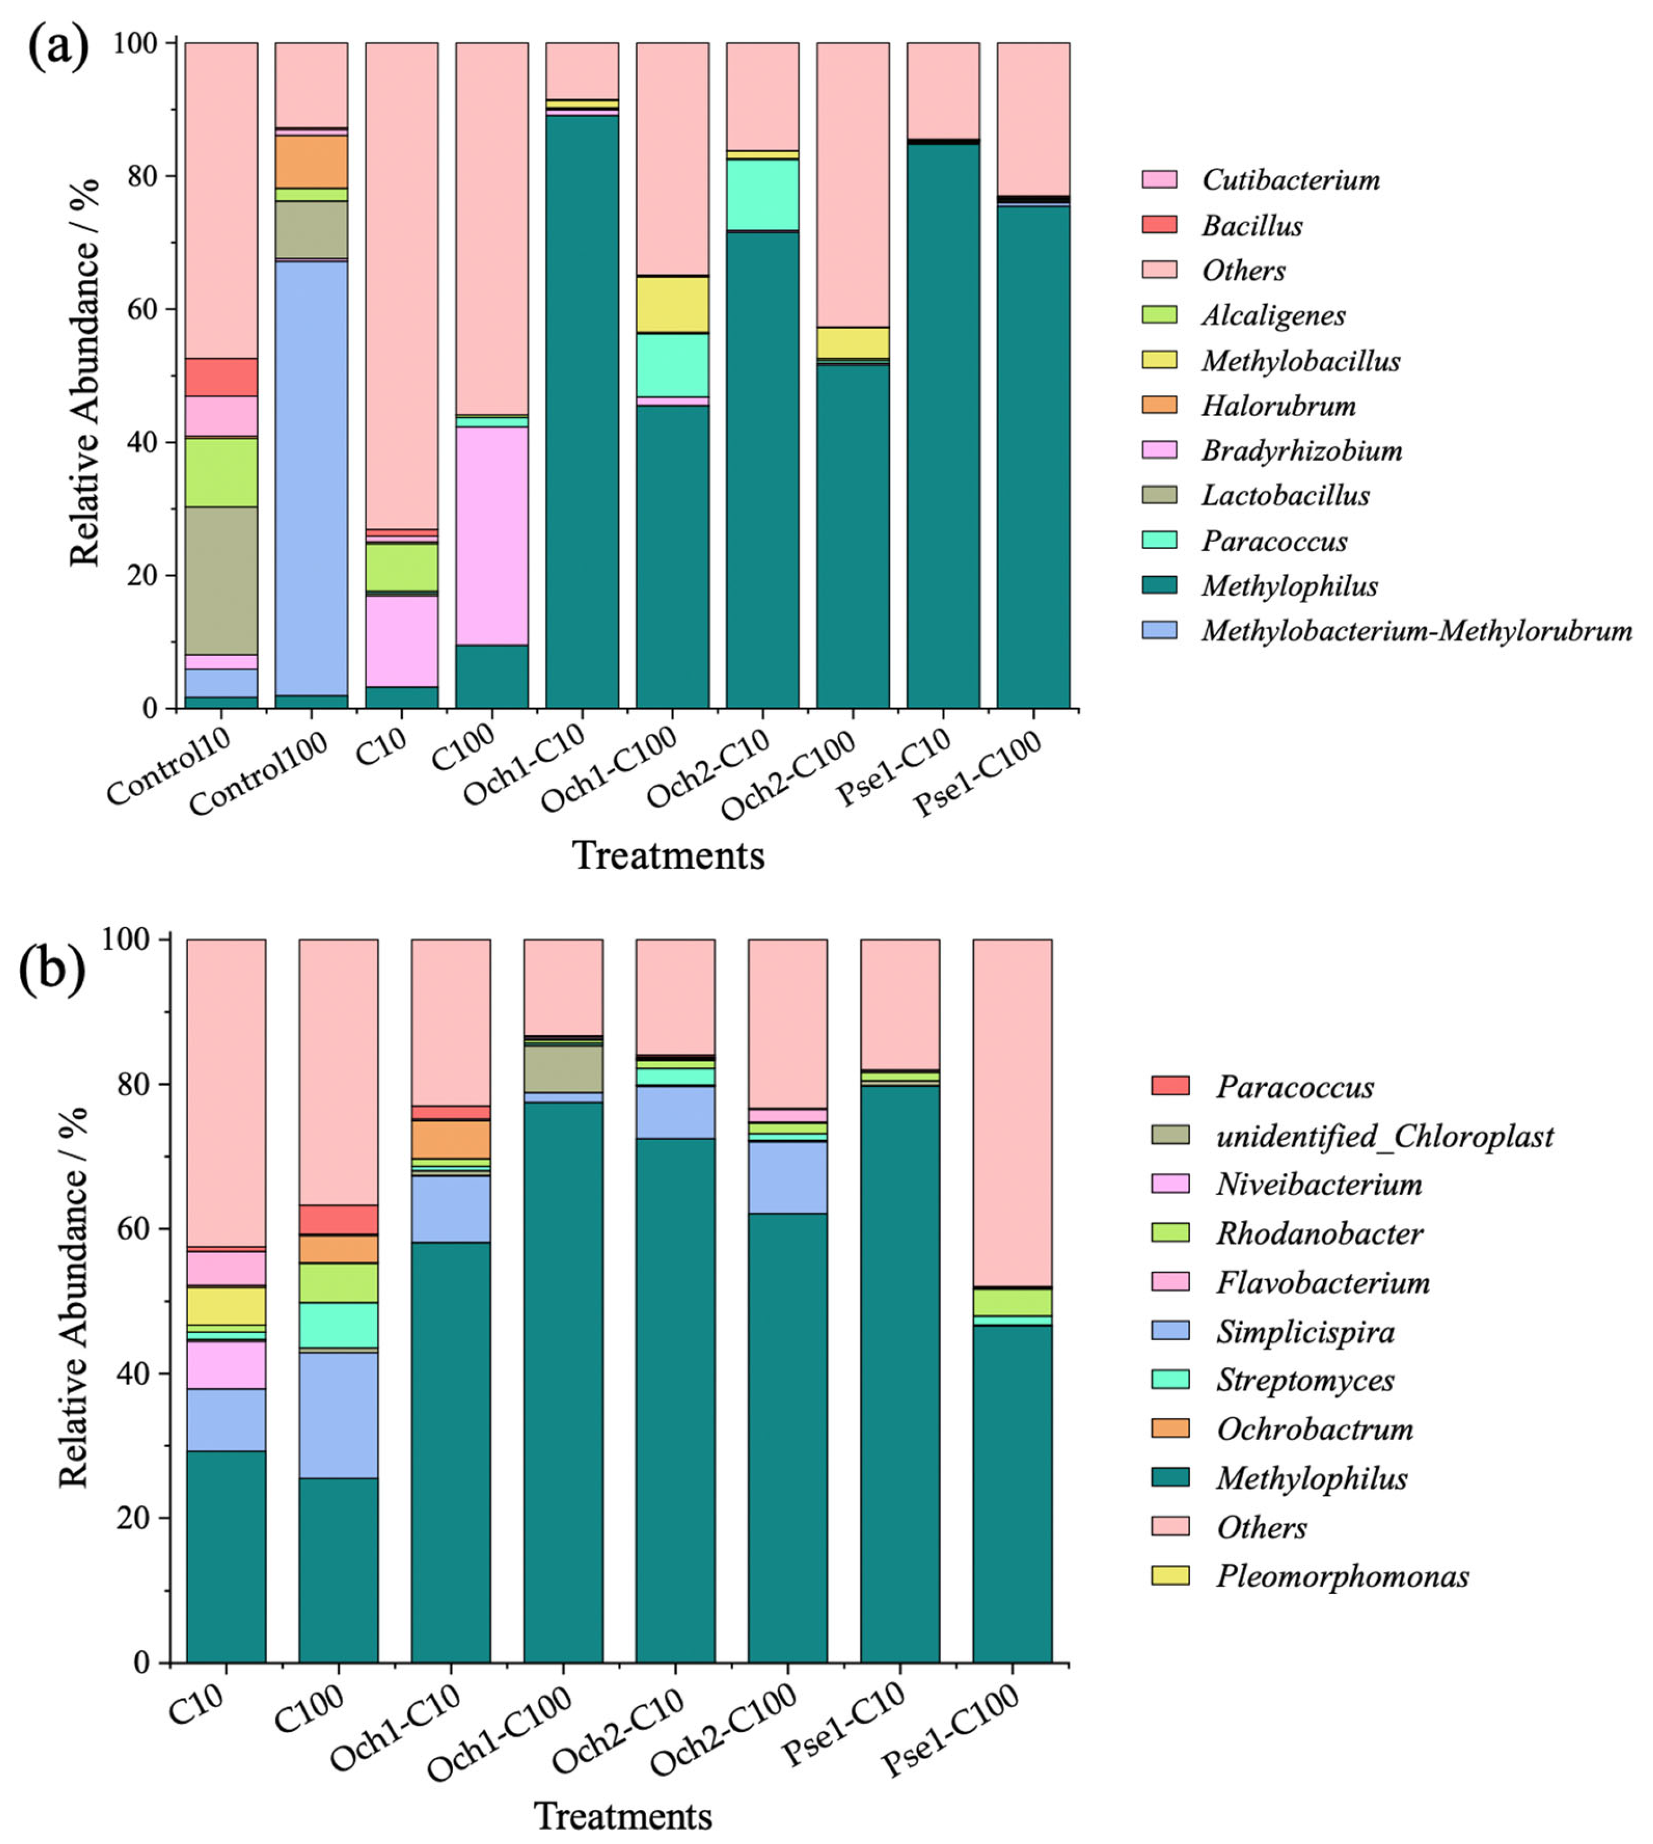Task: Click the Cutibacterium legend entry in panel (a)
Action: click(1290, 180)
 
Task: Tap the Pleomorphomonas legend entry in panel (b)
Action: click(1341, 1576)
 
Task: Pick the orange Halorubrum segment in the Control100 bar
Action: click(312, 162)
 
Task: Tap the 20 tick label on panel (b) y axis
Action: click(132, 1518)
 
